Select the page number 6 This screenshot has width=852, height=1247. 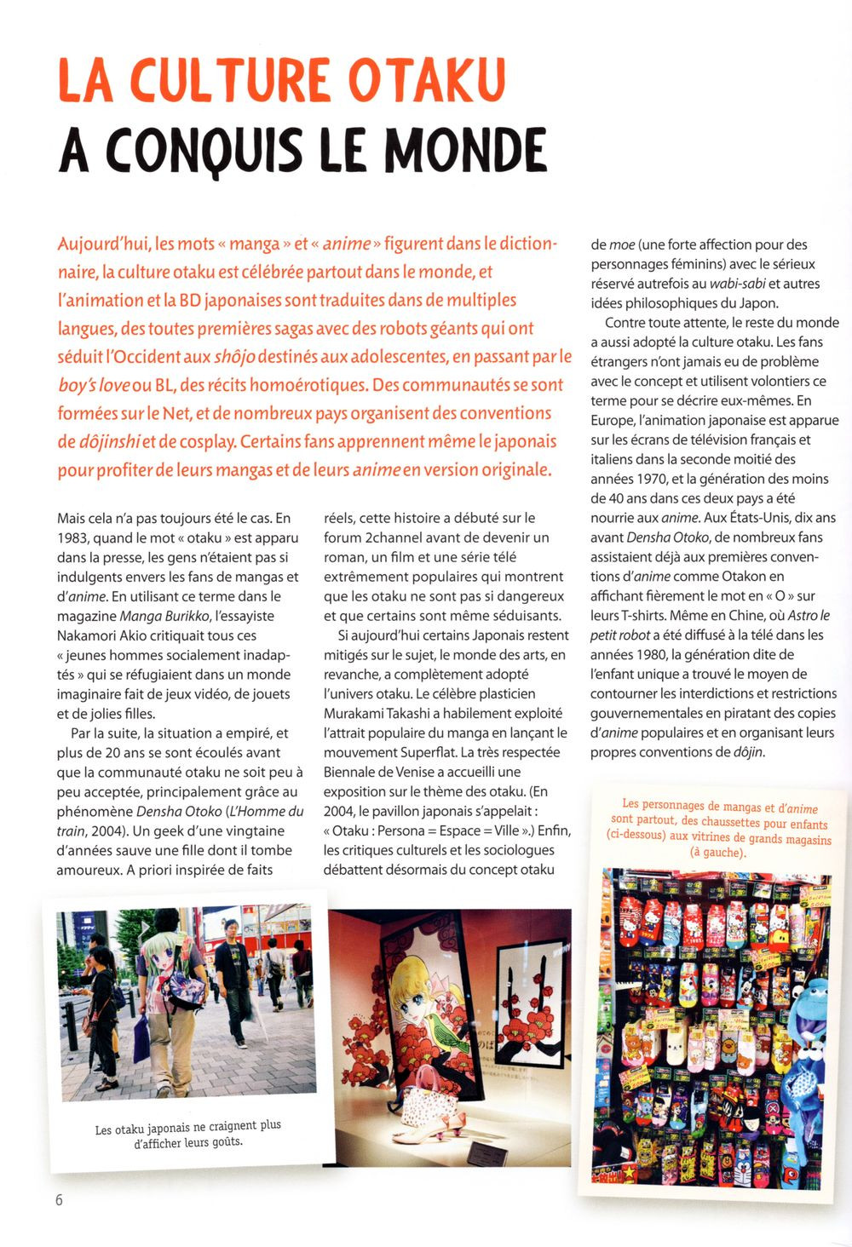pos(59,1199)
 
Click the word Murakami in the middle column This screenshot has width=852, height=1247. pos(352,713)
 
